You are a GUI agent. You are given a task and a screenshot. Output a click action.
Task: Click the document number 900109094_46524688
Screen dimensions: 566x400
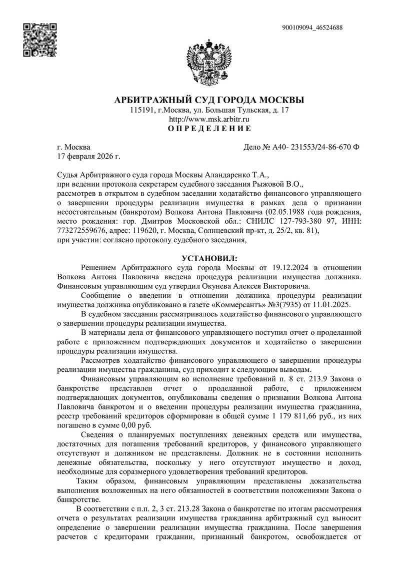click(312, 28)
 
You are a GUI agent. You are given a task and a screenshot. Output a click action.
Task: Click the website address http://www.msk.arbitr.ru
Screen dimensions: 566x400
click(209, 119)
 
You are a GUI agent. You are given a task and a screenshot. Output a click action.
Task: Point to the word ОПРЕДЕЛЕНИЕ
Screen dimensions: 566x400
click(209, 129)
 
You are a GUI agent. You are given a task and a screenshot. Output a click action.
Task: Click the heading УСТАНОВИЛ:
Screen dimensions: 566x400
click(209, 258)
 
